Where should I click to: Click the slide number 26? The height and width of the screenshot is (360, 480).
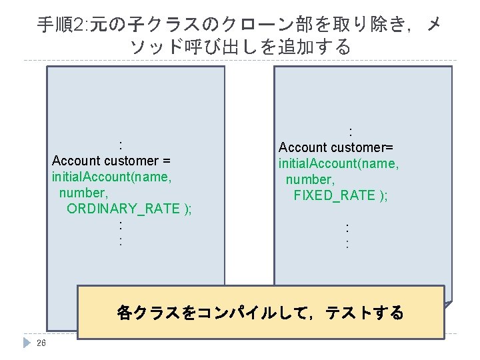[41, 343]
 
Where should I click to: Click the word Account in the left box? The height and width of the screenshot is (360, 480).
[75, 161]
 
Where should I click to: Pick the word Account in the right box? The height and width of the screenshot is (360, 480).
[302, 147]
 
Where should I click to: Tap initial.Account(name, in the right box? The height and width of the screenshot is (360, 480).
[339, 163]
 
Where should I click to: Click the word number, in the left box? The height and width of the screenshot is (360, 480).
[83, 193]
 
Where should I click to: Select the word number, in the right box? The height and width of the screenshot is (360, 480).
[310, 179]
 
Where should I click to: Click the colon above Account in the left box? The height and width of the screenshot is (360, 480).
[120, 145]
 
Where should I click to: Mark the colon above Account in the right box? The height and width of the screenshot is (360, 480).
[350, 131]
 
